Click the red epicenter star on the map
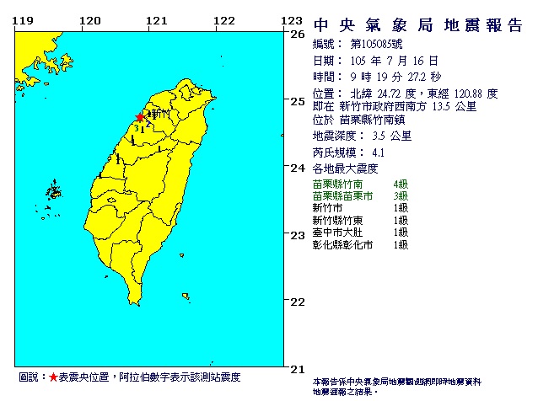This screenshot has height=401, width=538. coord(140,118)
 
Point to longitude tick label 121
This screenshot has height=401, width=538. coord(153,20)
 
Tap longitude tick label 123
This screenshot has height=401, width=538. coord(291,20)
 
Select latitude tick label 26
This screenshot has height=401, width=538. coord(297,35)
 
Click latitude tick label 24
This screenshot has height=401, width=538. coord(297,168)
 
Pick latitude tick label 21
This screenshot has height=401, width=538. coord(297,368)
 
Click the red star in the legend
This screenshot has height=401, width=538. coord(53,378)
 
